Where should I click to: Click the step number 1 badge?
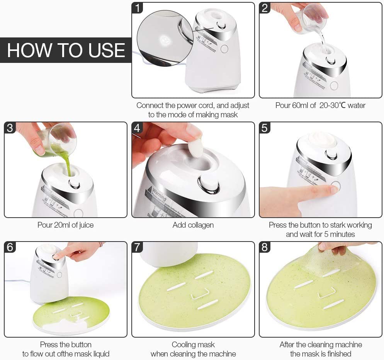coord(138,8)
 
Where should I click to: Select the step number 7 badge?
coord(138,247)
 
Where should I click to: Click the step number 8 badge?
coord(265,247)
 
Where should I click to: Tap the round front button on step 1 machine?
coord(224,49)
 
